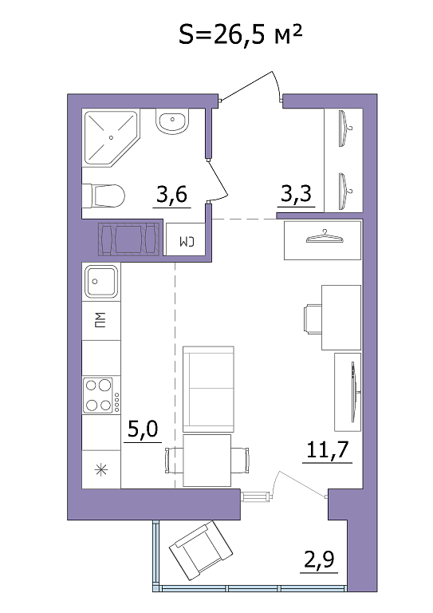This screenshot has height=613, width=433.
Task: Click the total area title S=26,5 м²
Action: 241,35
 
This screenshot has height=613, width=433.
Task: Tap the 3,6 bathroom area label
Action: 171,194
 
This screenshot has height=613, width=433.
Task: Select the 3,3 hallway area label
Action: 297,192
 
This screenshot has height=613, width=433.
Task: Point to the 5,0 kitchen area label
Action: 143,429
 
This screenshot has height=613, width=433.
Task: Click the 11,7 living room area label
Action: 327,449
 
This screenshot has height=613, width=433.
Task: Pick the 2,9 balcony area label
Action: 319,559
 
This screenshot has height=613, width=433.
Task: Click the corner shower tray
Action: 112,138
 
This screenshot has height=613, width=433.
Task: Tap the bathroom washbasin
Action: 172,121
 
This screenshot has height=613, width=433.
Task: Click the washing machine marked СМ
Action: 186,239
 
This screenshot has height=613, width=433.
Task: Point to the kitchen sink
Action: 101,281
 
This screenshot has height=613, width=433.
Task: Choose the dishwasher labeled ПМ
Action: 101,321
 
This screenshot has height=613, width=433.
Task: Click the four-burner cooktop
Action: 101,395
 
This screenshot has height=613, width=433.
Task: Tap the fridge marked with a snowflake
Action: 101,469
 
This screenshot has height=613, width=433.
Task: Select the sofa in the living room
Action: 208,389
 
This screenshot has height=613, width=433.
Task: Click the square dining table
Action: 207,460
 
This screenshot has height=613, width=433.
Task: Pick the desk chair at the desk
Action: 313,320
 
